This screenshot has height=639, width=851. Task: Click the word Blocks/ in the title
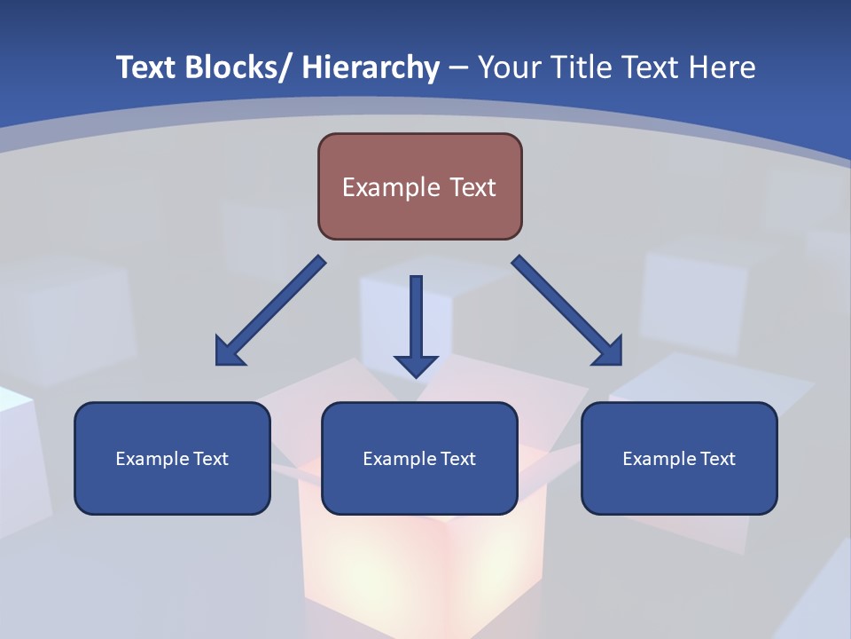pyautogui.click(x=231, y=67)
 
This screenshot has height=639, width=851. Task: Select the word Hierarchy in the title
pyautogui.click(x=371, y=67)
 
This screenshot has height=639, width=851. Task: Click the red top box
pyautogui.click(x=419, y=186)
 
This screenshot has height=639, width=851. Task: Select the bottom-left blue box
pyautogui.click(x=172, y=458)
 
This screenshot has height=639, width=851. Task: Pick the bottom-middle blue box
pyautogui.click(x=419, y=458)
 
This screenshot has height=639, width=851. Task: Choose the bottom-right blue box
pyautogui.click(x=679, y=458)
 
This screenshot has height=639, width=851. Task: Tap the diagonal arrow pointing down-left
pyautogui.click(x=270, y=311)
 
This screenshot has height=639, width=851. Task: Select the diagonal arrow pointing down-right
pyautogui.click(x=566, y=310)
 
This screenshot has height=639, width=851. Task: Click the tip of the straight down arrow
pyautogui.click(x=416, y=376)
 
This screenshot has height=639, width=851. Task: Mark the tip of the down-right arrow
pyautogui.click(x=620, y=363)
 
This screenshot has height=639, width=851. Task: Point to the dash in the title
pyautogui.click(x=458, y=68)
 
